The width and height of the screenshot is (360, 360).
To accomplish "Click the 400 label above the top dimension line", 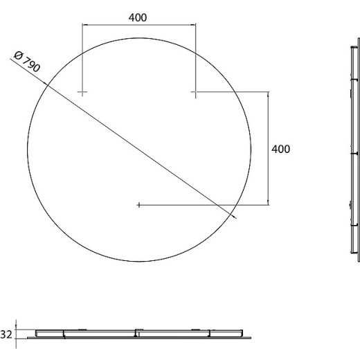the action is [x=138, y=17].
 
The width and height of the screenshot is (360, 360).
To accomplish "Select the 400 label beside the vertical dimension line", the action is [x=280, y=149].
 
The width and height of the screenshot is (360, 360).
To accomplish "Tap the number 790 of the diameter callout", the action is [x=32, y=64].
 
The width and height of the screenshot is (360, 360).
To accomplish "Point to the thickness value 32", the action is [x=6, y=334].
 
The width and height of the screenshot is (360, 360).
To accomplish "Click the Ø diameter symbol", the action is [x=18, y=55].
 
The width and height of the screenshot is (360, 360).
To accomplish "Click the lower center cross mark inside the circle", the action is [x=138, y=205].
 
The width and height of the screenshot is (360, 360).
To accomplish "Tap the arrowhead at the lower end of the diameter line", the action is [x=234, y=217].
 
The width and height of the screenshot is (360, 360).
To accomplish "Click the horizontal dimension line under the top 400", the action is [x=139, y=24].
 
